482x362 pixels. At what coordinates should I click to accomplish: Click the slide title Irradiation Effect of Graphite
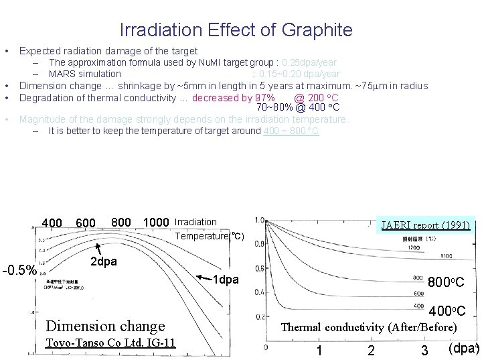[x=236, y=30]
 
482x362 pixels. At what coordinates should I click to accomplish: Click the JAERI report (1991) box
[x=426, y=226]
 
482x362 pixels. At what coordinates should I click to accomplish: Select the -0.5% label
[x=19, y=271]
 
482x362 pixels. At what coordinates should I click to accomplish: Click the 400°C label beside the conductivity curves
[x=447, y=311]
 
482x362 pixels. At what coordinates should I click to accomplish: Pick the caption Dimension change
[x=104, y=326]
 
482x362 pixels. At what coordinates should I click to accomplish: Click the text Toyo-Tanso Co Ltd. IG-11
[x=110, y=343]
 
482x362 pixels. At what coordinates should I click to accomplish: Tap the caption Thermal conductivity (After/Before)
[x=369, y=327]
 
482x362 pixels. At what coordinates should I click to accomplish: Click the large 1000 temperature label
[x=156, y=223]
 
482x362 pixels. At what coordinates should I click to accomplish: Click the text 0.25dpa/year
[x=311, y=63]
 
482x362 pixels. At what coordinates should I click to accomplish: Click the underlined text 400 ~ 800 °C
[x=291, y=131]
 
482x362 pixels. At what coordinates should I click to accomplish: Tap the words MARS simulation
[x=85, y=74]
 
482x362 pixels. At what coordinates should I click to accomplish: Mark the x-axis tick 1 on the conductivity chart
[x=320, y=350]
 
